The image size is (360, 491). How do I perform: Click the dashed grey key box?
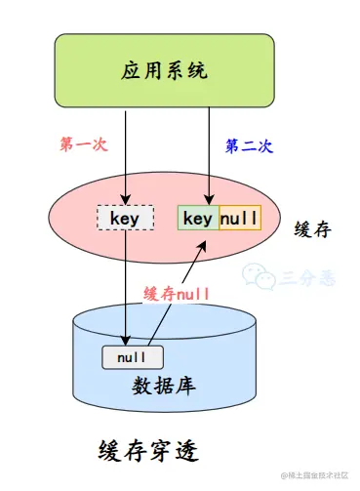126,219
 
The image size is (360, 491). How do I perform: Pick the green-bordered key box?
197,218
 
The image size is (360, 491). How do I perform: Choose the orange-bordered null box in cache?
240,218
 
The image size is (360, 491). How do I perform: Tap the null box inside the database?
132,357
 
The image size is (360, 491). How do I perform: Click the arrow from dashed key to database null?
126,288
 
